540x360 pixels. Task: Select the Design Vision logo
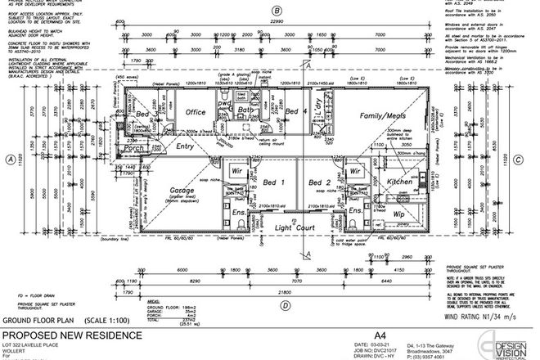click(x=511, y=341)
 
